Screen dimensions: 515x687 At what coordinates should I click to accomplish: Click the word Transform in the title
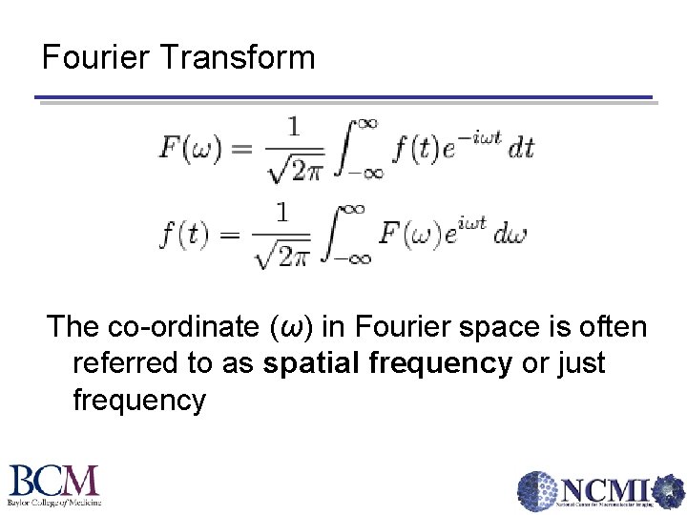(238, 57)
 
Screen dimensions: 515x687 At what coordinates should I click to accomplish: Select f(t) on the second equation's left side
(184, 234)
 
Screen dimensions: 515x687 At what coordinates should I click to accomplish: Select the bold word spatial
(320, 363)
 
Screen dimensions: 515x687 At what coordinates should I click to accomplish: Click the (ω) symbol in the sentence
(294, 327)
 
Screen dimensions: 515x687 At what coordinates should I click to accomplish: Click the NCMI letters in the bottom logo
(606, 489)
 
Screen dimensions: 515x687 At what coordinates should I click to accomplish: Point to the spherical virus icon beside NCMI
(538, 492)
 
